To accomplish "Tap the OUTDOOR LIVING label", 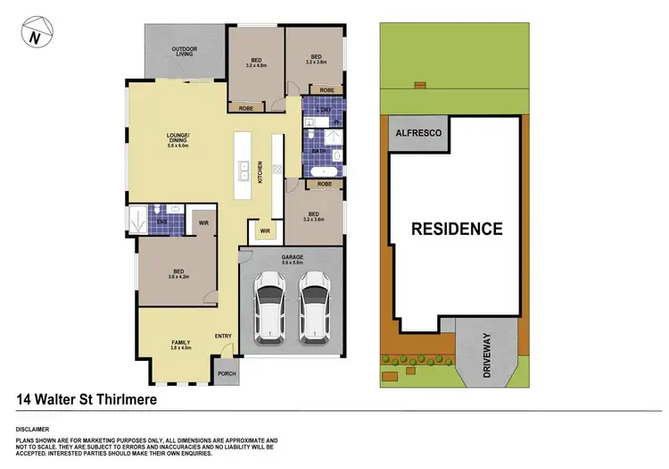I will pos(185,51).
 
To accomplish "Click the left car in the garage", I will pos(268,307).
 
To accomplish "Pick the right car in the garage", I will pos(314,307).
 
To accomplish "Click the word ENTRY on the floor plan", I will pos(223,336).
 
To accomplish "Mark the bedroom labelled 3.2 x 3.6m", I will pos(314,217).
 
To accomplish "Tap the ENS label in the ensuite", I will pos(161,222).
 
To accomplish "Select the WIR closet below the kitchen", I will pos(265,231).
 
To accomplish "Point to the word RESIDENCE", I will pos(456,229).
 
